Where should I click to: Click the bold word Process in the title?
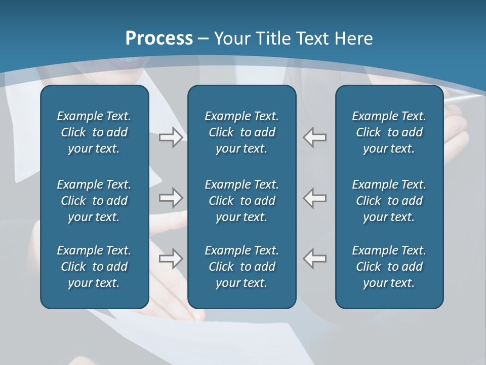coord(159,39)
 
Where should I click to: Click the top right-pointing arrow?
coord(171,137)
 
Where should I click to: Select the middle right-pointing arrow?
coord(171,197)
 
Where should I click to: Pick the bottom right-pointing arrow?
coord(171,258)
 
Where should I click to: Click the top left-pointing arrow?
coord(315,137)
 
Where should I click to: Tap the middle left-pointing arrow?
coord(315,197)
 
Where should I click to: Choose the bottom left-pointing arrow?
coord(315,258)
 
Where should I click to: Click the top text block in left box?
coord(94,132)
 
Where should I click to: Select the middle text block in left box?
coord(94,201)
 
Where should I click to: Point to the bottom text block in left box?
coord(94,267)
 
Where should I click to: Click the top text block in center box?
coord(241,132)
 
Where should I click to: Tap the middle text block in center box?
coord(241,201)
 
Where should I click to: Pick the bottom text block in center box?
coord(241,267)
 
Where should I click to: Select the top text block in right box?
coord(389,132)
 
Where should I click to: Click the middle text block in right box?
coord(389,201)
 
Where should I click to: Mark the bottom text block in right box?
coord(389,267)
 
